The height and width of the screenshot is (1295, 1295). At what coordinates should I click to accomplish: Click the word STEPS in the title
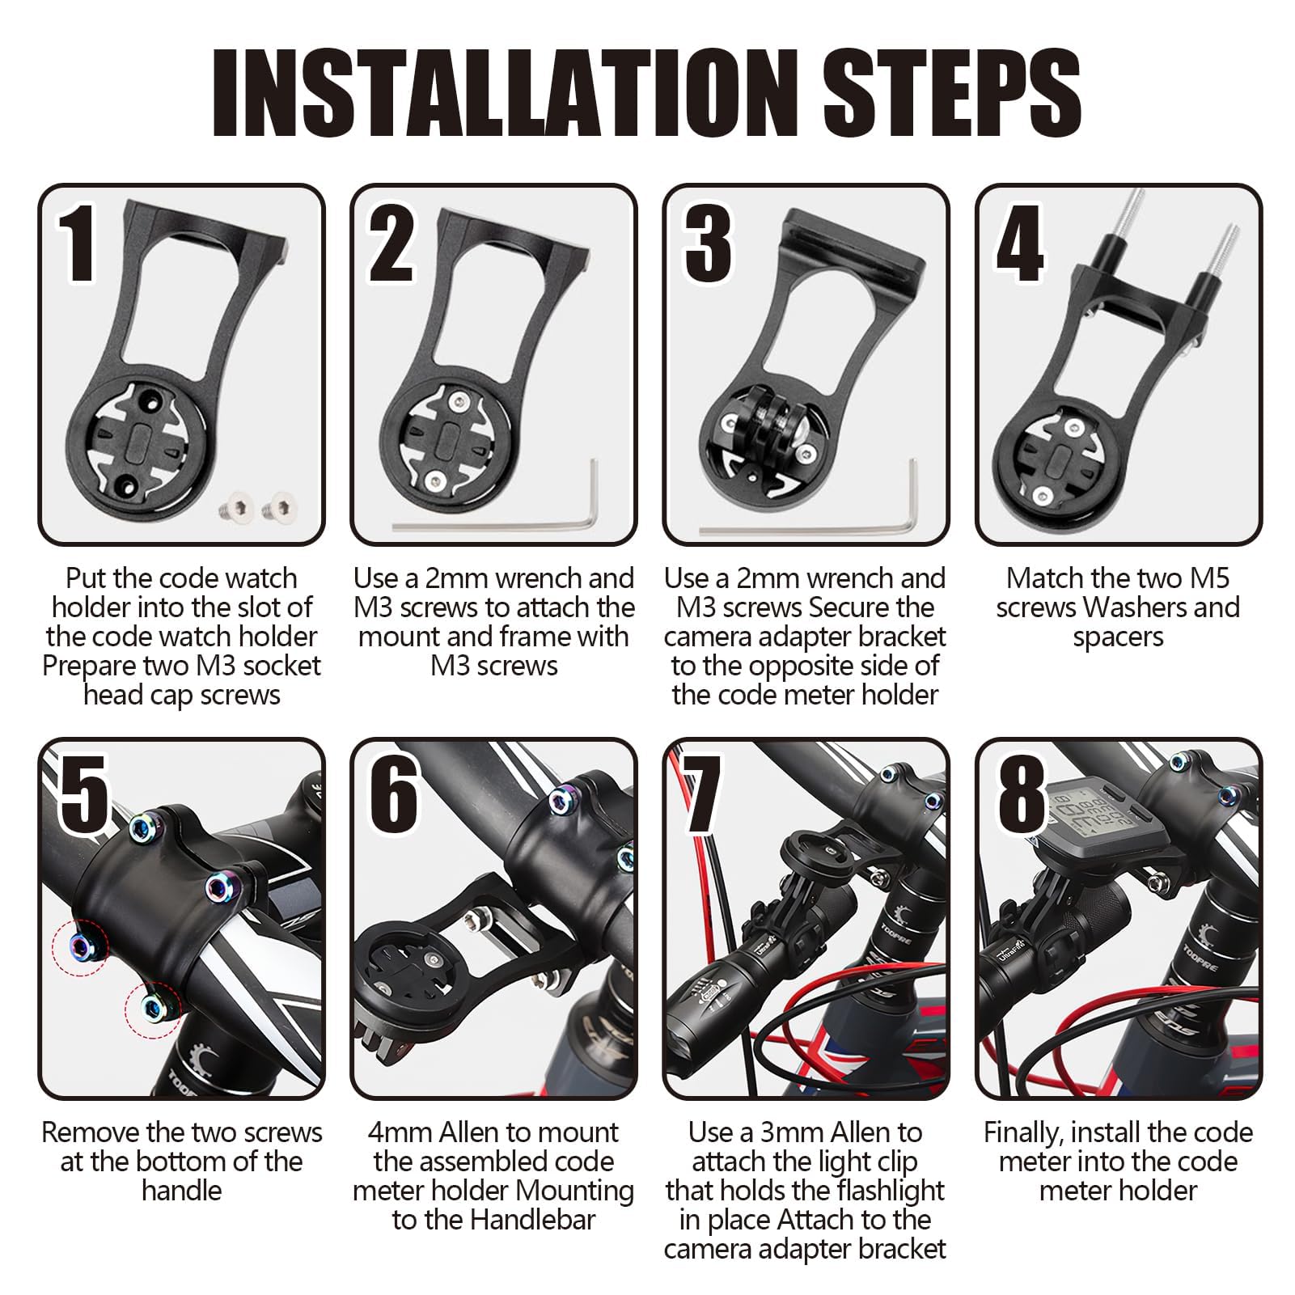click(x=953, y=94)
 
